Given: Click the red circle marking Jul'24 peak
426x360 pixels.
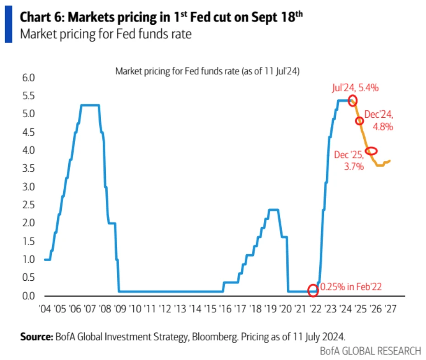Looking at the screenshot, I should pos(352,101).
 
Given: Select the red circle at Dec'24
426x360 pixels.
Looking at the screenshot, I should pos(360,121).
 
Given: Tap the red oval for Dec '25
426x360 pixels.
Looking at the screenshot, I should pos(371,151).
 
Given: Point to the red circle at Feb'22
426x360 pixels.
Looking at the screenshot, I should pos(313,290).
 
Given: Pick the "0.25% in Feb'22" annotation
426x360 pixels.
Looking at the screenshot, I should pos(350,287).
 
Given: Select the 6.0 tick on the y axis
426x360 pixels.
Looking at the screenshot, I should pos(28,78).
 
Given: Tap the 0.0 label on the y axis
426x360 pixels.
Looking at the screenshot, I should pos(28,296).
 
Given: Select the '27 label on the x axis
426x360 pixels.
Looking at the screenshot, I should pos(391,309).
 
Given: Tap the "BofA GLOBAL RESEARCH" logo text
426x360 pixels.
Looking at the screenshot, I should pos(370,351).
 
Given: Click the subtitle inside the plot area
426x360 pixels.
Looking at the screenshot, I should pos(208,71).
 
